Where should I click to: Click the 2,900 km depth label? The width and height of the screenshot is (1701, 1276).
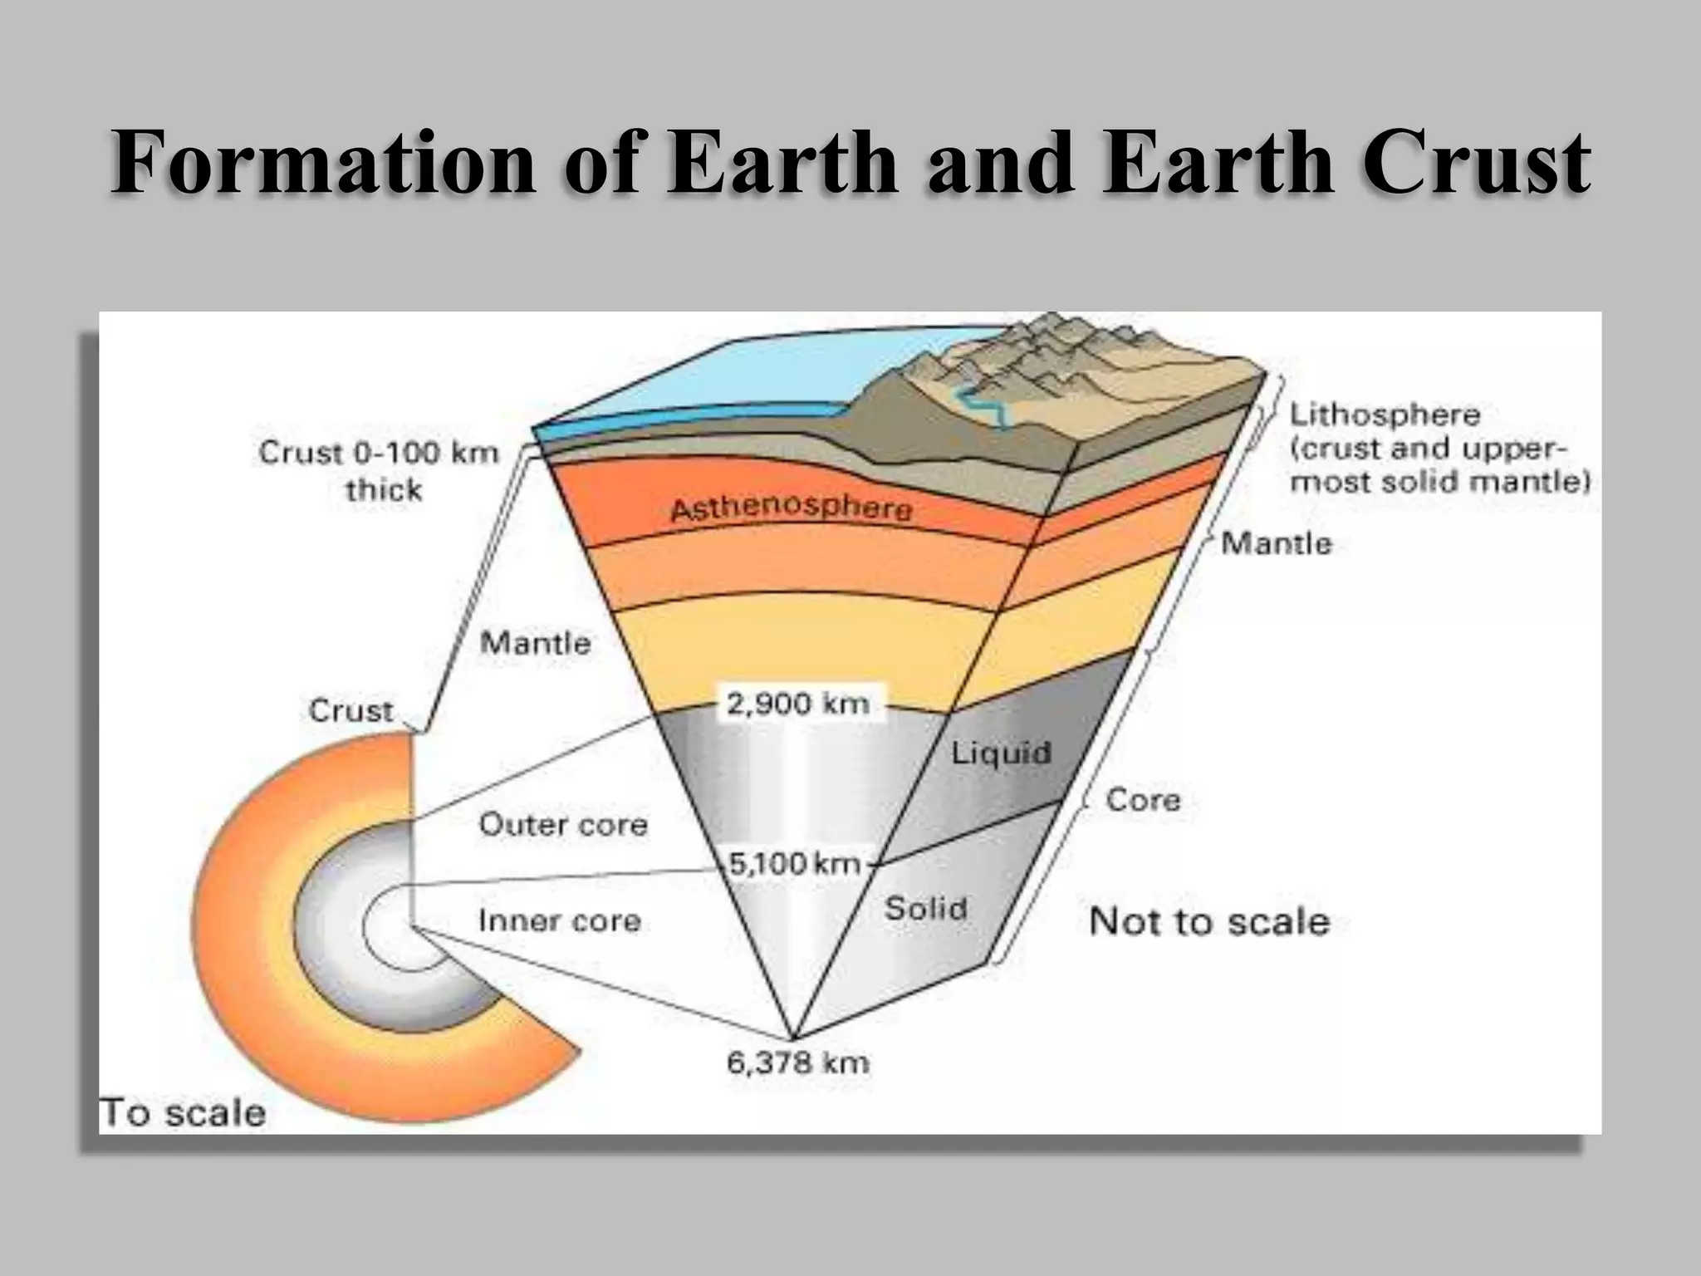797,704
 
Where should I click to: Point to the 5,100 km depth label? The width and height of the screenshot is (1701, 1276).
794,864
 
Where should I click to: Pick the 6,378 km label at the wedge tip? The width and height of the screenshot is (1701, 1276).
797,1063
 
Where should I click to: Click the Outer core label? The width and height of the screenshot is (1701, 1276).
563,825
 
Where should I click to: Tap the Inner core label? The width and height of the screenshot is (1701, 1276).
559,920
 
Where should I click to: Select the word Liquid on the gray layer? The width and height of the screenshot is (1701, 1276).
1001,753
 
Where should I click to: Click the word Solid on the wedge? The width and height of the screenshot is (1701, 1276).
925,908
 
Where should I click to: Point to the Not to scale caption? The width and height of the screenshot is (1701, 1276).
1208,922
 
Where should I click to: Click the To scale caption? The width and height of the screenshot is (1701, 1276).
183,1112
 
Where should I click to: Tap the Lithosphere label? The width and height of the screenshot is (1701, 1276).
1385,415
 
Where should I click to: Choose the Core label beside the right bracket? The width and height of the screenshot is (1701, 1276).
1143,800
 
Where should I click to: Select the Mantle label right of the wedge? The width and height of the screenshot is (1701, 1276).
1277,543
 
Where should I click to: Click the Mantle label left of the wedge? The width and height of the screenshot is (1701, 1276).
536,642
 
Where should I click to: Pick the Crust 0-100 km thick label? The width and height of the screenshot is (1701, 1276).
379,470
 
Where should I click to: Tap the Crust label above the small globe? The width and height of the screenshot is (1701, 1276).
350,710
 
